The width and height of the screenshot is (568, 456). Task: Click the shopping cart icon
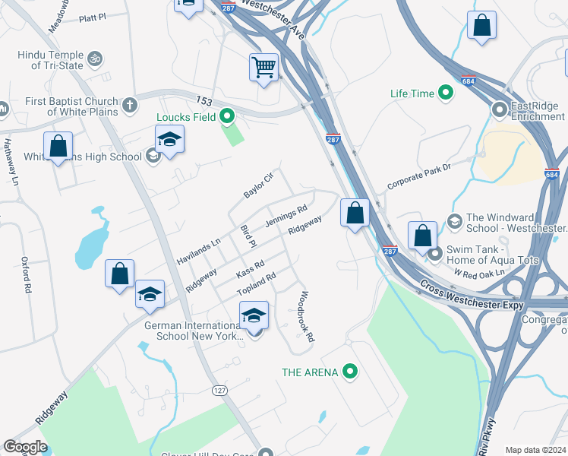point(263,67)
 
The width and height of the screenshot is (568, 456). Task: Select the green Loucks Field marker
point(226,117)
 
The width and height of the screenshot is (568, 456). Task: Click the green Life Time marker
point(446,93)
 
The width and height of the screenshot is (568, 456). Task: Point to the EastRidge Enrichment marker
point(500,110)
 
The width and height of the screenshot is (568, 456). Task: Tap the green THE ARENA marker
point(349,372)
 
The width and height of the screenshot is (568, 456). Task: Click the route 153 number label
point(203,100)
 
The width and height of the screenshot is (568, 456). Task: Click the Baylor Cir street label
point(257,185)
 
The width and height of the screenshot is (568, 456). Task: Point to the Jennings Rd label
point(286,216)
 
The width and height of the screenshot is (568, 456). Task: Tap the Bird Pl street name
point(248,235)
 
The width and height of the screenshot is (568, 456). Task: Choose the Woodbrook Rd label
point(306,317)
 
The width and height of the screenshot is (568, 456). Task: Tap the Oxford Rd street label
point(27,274)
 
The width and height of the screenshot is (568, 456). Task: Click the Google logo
point(25,447)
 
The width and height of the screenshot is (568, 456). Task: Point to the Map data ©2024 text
point(535,450)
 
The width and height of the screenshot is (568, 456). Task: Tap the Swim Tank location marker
point(434,254)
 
